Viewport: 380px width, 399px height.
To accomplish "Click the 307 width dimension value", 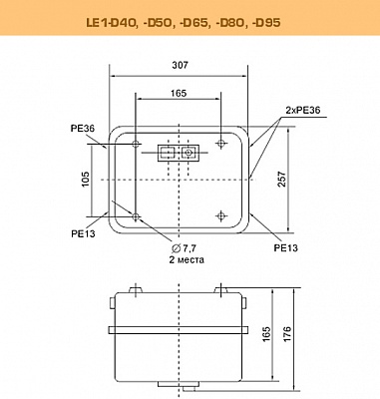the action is [180, 65].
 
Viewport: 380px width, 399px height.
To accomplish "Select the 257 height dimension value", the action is [282, 179].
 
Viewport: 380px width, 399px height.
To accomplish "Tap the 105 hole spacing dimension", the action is [86, 179].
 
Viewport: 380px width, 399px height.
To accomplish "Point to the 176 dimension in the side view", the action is [287, 334].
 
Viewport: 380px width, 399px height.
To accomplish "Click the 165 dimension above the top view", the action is [179, 93].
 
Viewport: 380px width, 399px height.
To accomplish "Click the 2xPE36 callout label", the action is [303, 110].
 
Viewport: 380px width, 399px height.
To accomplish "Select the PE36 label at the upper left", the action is [83, 129].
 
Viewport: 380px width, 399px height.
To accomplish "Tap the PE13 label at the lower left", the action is [83, 233].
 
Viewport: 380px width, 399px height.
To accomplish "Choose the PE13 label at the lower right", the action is [286, 247].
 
